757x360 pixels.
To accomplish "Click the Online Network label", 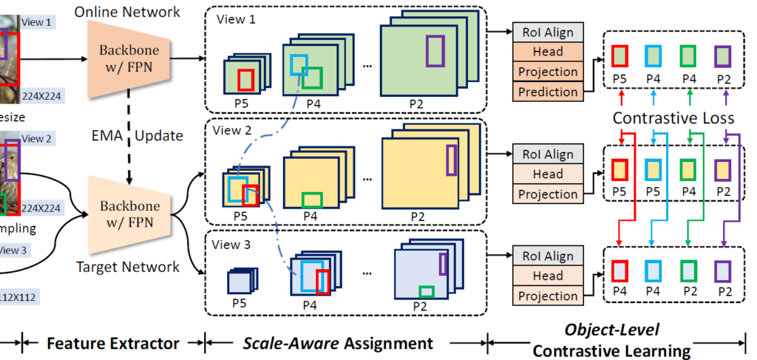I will pyautogui.click(x=126, y=13).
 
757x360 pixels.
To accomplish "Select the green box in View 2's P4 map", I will pyautogui.click(x=313, y=200).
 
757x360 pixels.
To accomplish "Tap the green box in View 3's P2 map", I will pyautogui.click(x=427, y=291).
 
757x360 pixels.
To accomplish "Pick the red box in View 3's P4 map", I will pyautogui.click(x=323, y=281).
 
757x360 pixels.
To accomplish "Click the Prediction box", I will pyautogui.click(x=548, y=92).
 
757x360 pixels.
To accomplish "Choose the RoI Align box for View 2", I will pyautogui.click(x=548, y=154).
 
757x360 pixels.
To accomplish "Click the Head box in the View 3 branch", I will pyautogui.click(x=548, y=276).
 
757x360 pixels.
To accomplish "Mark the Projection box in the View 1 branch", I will pyautogui.click(x=548, y=72).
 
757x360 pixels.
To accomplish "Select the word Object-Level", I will pyautogui.click(x=613, y=329).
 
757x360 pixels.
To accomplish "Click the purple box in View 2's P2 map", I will pyautogui.click(x=452, y=160).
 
